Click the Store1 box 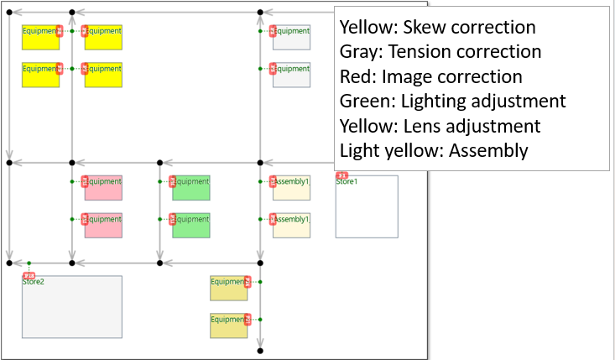click(367, 207)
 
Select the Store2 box click(72, 307)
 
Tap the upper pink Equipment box click(104, 188)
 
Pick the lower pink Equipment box click(104, 226)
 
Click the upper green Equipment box click(191, 188)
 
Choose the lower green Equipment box click(191, 226)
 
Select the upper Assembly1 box click(292, 188)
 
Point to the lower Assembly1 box click(292, 226)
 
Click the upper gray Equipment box click(292, 38)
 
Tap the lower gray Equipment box click(292, 76)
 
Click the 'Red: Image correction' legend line click(430, 76)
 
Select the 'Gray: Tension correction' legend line click(440, 52)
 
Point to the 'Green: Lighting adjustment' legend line click(452, 102)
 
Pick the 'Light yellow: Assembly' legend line click(433, 151)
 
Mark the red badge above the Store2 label click(29, 275)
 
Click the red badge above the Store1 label click(342, 175)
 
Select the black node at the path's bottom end click(260, 350)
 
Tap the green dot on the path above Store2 click(29, 263)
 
